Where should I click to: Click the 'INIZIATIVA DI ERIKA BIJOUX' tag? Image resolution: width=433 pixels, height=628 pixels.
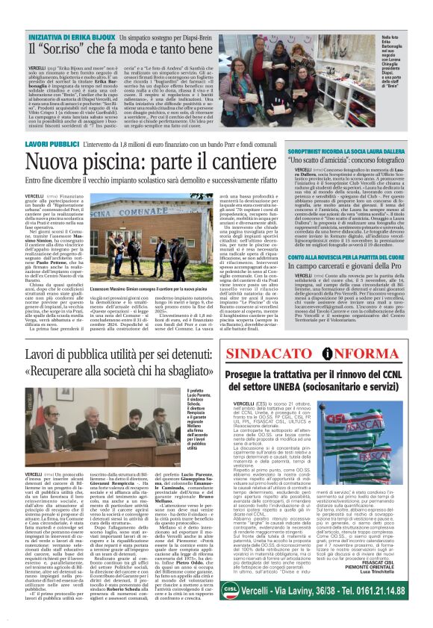pos(71,37)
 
